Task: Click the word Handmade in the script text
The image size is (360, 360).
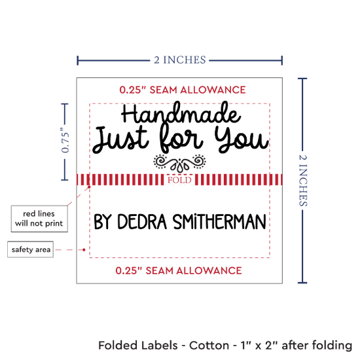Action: click(181, 113)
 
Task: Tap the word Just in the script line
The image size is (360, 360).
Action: click(120, 139)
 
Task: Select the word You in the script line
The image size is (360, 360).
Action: click(242, 139)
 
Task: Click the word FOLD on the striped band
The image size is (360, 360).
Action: click(179, 180)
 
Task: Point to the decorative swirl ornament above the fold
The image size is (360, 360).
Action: click(179, 163)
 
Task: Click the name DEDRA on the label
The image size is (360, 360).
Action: click(142, 222)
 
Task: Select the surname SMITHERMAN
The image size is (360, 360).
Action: click(219, 222)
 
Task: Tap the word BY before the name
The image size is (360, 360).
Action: click(103, 222)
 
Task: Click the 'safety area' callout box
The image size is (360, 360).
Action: click(31, 249)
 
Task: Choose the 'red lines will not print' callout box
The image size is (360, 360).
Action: click(39, 219)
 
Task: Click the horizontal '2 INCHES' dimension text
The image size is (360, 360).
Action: click(180, 60)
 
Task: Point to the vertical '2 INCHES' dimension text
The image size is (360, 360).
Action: click(303, 181)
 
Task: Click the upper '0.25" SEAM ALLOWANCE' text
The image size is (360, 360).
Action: click(183, 90)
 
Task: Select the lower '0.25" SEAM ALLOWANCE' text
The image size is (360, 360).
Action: click(179, 271)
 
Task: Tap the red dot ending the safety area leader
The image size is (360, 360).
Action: click(84, 249)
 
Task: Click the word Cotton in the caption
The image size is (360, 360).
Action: click(209, 346)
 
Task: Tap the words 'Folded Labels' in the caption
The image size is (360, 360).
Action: click(138, 346)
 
